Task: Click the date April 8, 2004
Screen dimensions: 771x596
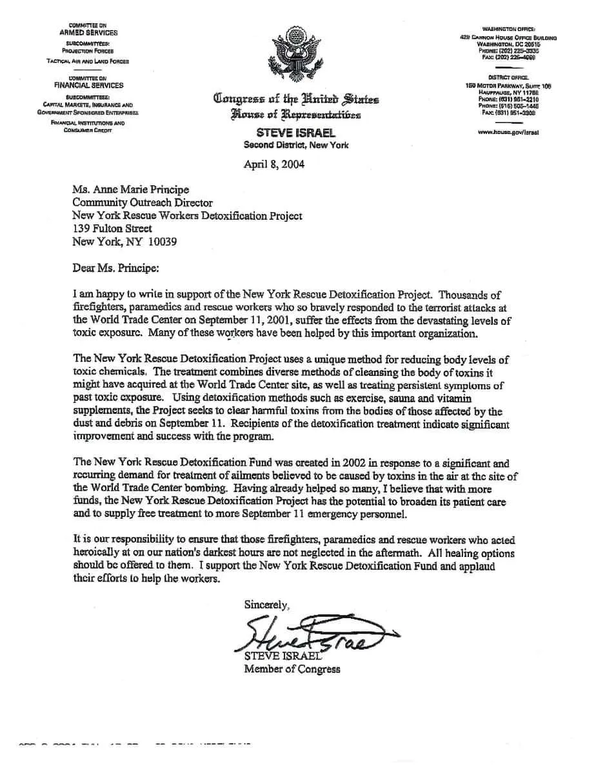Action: (x=273, y=164)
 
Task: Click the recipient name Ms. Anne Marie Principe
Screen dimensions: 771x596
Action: (x=130, y=190)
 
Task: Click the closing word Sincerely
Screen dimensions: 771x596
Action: (x=266, y=605)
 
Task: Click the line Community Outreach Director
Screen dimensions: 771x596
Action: (x=143, y=203)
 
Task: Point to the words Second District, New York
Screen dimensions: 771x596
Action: (x=295, y=145)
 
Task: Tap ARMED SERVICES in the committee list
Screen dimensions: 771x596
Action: (x=88, y=32)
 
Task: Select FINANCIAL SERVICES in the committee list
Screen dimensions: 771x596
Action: (x=88, y=85)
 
